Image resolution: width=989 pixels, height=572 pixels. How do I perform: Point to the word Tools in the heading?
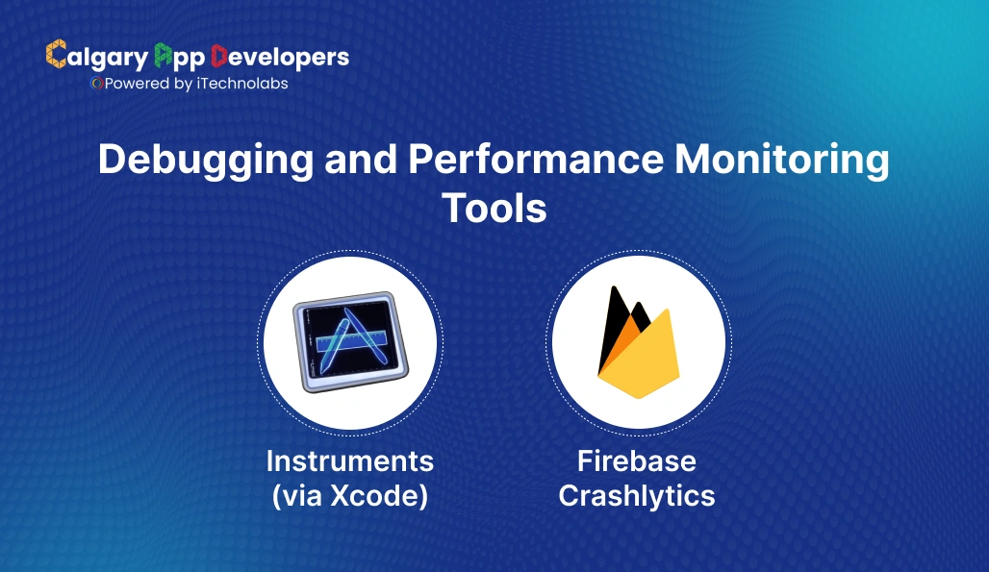click(x=494, y=209)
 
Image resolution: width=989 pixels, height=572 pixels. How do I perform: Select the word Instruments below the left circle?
click(x=350, y=461)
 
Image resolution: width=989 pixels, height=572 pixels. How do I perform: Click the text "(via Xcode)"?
click(x=350, y=496)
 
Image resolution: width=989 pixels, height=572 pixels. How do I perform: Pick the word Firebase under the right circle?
click(x=637, y=461)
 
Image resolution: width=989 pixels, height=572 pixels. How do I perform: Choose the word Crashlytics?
click(x=637, y=496)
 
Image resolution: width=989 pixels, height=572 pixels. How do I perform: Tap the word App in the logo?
click(x=177, y=58)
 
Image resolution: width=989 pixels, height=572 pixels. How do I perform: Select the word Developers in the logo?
click(x=279, y=58)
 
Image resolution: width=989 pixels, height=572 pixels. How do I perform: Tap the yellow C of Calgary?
click(x=56, y=55)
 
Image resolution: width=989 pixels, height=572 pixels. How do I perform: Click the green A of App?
click(x=163, y=55)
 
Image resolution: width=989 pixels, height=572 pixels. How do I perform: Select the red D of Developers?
click(x=218, y=55)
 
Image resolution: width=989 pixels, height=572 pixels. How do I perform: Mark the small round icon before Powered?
click(x=96, y=84)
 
